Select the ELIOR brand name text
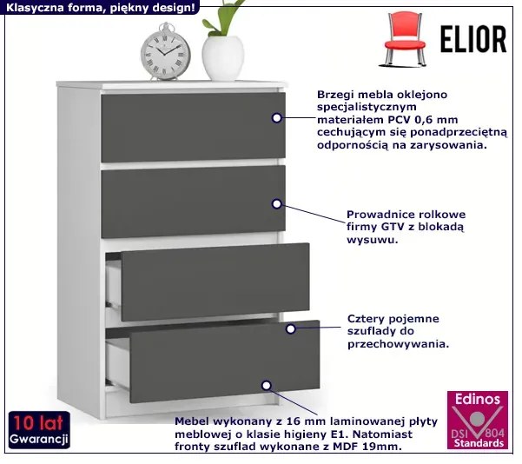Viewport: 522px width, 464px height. point(472,39)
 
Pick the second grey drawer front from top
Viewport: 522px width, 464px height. point(193,201)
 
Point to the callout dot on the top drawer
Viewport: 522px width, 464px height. point(277,119)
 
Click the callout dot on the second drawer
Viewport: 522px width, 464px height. point(277,204)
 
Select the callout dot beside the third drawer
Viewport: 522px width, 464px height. point(291,328)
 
